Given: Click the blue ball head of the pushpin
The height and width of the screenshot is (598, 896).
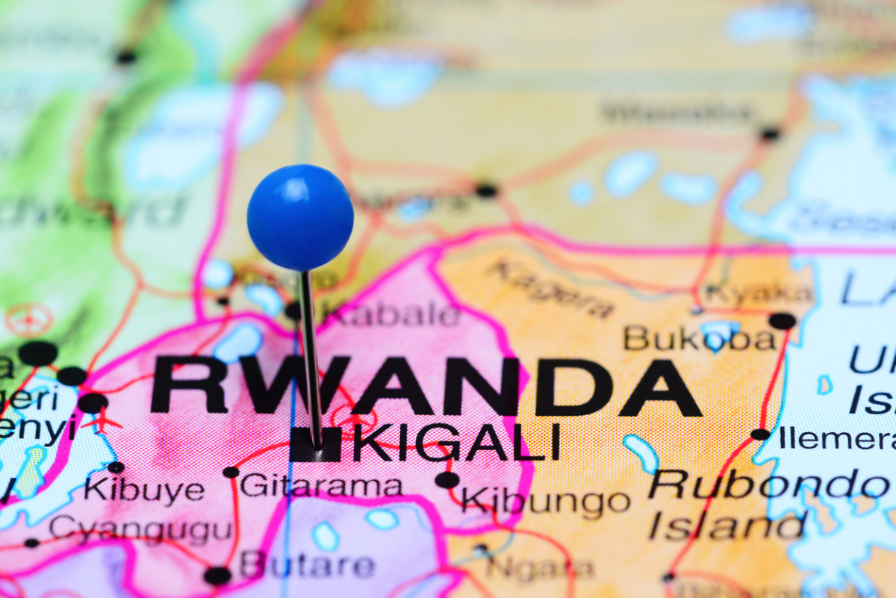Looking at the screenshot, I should tap(300, 217).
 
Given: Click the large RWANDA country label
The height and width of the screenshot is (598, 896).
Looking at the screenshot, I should tap(426, 387).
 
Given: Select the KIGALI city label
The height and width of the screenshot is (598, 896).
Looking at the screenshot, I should tap(456, 443).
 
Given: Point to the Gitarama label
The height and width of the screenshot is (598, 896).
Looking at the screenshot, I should tap(321, 486).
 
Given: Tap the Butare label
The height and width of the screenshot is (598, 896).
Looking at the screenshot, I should tap(307, 564).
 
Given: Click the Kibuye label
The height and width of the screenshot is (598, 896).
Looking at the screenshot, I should tap(143, 490).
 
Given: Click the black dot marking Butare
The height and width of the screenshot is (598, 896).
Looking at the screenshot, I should tap(217, 575).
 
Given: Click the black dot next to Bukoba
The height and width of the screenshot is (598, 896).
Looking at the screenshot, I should tap(782, 321).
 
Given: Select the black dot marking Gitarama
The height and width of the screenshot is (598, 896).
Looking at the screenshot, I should tap(231, 472).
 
